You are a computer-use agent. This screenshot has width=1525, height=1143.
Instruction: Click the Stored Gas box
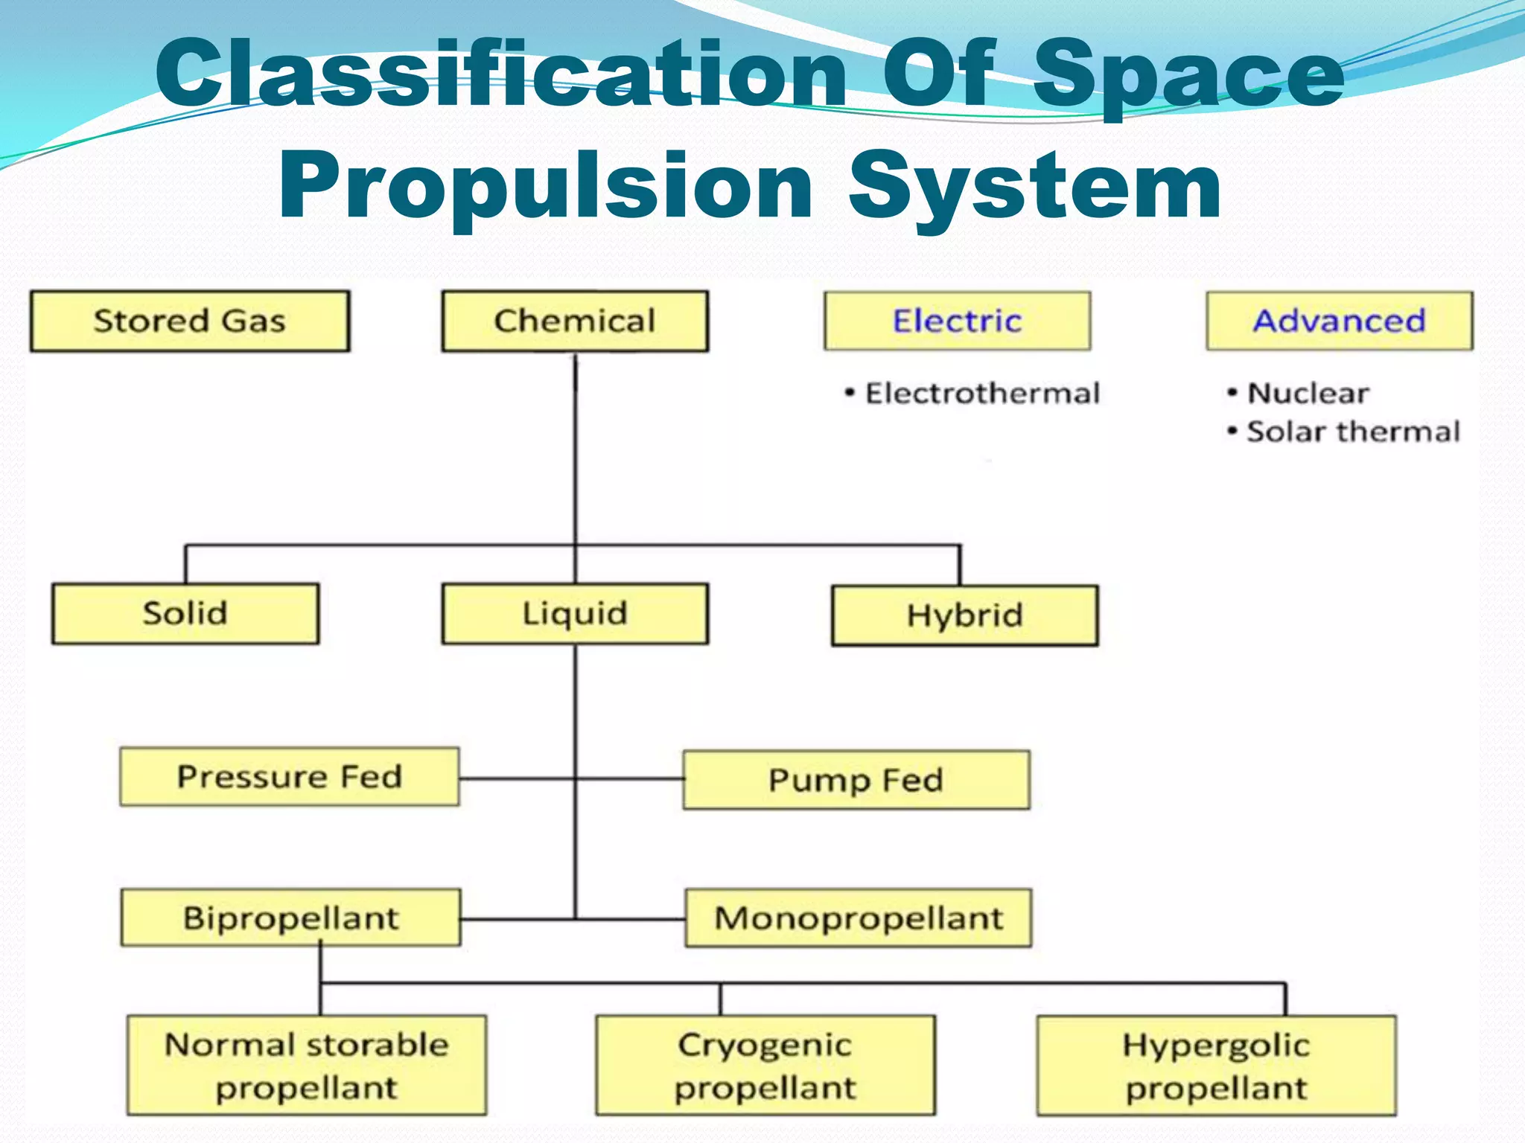[190, 321]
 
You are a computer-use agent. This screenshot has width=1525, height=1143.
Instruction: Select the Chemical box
[575, 321]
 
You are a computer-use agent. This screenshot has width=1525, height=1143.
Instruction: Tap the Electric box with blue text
[958, 321]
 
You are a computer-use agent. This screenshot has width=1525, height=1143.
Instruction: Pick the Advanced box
[1340, 321]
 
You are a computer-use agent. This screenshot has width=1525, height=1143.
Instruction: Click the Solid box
[185, 614]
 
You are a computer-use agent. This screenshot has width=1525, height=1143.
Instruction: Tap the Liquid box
[575, 614]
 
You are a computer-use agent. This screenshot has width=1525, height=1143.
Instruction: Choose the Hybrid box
[964, 615]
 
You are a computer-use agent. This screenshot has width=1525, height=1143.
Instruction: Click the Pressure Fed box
[290, 777]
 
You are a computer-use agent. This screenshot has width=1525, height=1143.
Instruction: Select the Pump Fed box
[856, 780]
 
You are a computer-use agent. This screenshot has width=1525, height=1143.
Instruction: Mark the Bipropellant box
[291, 918]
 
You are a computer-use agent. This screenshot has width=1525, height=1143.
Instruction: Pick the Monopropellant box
[859, 918]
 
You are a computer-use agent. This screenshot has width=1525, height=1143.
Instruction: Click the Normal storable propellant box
[307, 1066]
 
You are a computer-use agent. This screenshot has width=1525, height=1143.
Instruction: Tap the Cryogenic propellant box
[765, 1066]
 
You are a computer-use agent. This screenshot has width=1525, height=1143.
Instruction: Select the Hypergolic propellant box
[1216, 1066]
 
